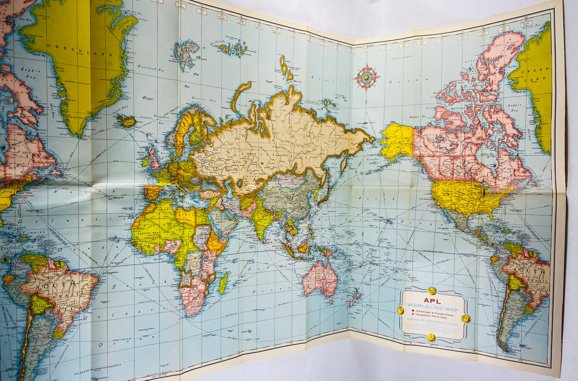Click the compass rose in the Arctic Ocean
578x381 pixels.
tap(366, 78)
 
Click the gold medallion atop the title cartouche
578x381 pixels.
tap(431, 291)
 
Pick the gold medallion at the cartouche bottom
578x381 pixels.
tap(431, 337)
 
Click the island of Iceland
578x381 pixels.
tap(127, 121)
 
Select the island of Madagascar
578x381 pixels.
tap(223, 283)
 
